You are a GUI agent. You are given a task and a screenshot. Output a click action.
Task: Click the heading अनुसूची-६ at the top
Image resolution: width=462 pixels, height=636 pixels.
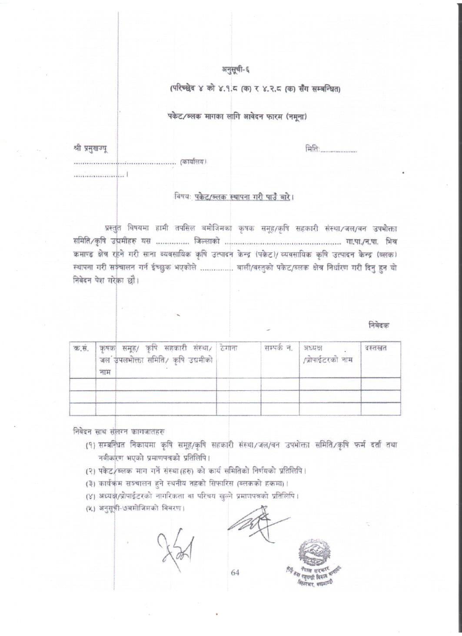coord(236,68)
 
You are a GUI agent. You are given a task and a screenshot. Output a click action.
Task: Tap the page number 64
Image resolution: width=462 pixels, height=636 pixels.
coord(235,572)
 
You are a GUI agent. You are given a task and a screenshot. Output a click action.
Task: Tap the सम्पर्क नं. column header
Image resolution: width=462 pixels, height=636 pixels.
coord(278,348)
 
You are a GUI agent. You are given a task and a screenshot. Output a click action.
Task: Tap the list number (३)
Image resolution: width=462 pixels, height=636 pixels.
coord(91,483)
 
